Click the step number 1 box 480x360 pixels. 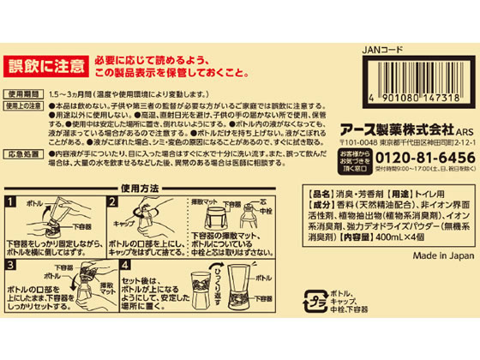pyautogui.click(x=11, y=202)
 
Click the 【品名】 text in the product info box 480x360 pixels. pyautogui.click(x=317, y=194)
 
